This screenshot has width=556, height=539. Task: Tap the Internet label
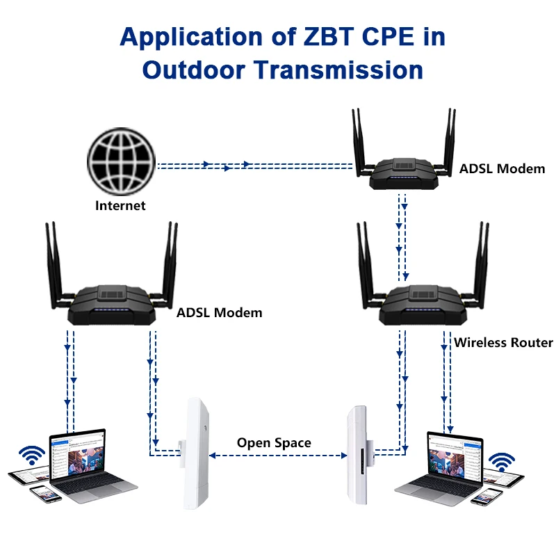[120, 205]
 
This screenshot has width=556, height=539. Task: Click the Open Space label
[274, 443]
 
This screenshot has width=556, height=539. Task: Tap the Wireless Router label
[503, 342]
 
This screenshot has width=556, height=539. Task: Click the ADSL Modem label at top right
[502, 168]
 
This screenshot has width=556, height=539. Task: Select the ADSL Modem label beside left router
[219, 312]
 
